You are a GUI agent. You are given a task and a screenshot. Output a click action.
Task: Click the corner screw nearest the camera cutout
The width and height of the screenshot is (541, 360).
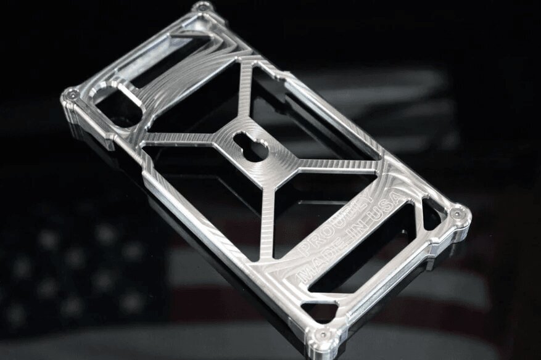coord(72,94)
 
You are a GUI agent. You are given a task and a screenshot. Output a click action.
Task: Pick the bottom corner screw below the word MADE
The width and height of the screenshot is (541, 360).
coord(323,333)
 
